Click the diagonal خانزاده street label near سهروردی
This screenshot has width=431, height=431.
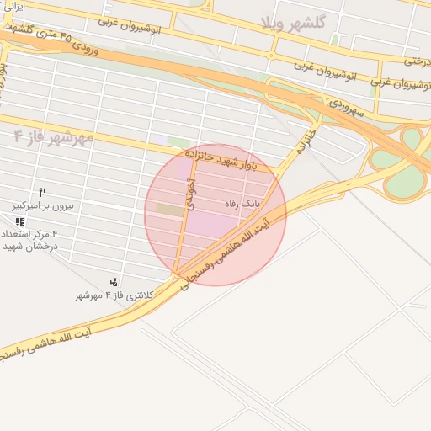coord(307,142)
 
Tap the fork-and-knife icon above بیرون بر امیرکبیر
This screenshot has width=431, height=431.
coord(42,193)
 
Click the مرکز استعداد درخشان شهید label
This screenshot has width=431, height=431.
coord(30,239)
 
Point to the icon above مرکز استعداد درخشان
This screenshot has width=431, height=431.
coord(19,221)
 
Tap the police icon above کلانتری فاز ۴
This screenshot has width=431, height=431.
coord(114,281)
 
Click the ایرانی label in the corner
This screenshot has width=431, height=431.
coord(13,6)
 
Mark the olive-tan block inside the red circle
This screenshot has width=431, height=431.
coord(168,209)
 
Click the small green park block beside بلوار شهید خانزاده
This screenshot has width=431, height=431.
coord(178,141)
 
